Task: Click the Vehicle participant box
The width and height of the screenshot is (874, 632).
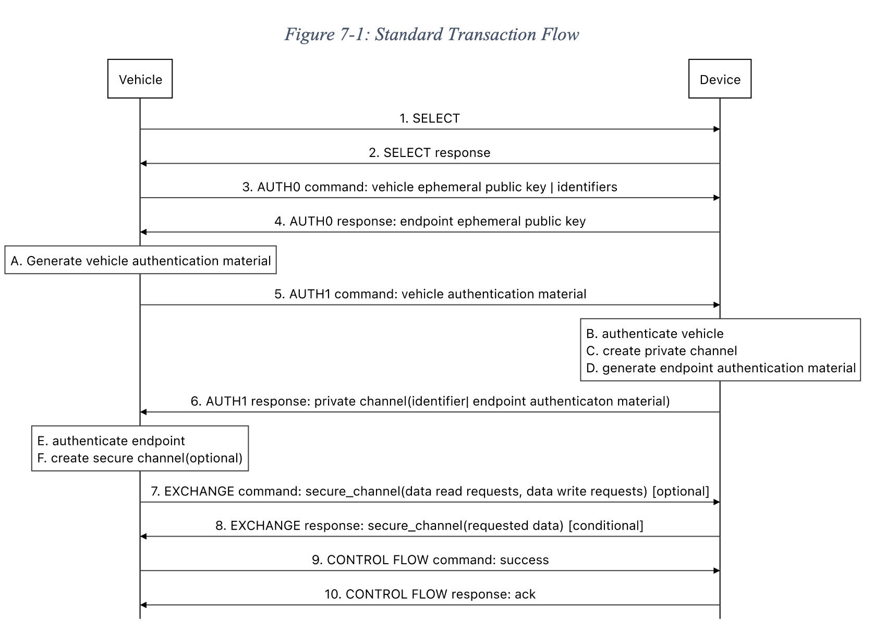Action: click(x=140, y=79)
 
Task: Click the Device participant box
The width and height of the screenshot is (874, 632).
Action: click(x=720, y=79)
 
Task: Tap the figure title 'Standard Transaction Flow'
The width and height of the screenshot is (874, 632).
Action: click(x=477, y=35)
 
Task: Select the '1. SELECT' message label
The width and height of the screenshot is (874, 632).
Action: click(x=430, y=118)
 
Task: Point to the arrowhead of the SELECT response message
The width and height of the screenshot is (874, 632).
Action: click(x=143, y=163)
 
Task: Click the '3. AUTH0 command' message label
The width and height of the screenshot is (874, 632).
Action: click(x=430, y=187)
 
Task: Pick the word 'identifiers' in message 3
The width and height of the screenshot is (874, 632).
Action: click(x=587, y=187)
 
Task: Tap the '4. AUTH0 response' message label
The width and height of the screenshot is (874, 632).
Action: click(x=430, y=221)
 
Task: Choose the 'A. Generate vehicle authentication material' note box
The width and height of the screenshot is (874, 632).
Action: click(x=140, y=260)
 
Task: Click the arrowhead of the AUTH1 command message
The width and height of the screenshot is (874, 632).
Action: click(x=717, y=305)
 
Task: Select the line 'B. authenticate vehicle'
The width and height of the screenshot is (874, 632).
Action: click(x=655, y=334)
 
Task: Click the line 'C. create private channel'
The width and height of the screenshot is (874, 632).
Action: click(x=661, y=351)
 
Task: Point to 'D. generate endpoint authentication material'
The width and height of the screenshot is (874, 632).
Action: click(x=721, y=368)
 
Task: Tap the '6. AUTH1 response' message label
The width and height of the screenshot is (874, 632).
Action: click(x=430, y=401)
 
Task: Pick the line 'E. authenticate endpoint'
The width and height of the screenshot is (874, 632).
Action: click(x=111, y=441)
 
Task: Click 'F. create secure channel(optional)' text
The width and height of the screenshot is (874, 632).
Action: click(x=140, y=458)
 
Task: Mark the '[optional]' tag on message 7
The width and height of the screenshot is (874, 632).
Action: click(x=681, y=491)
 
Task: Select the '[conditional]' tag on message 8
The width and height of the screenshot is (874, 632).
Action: click(x=606, y=526)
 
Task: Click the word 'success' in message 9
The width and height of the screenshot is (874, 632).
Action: click(x=524, y=560)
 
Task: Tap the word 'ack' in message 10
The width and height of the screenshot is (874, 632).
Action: click(x=525, y=594)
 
